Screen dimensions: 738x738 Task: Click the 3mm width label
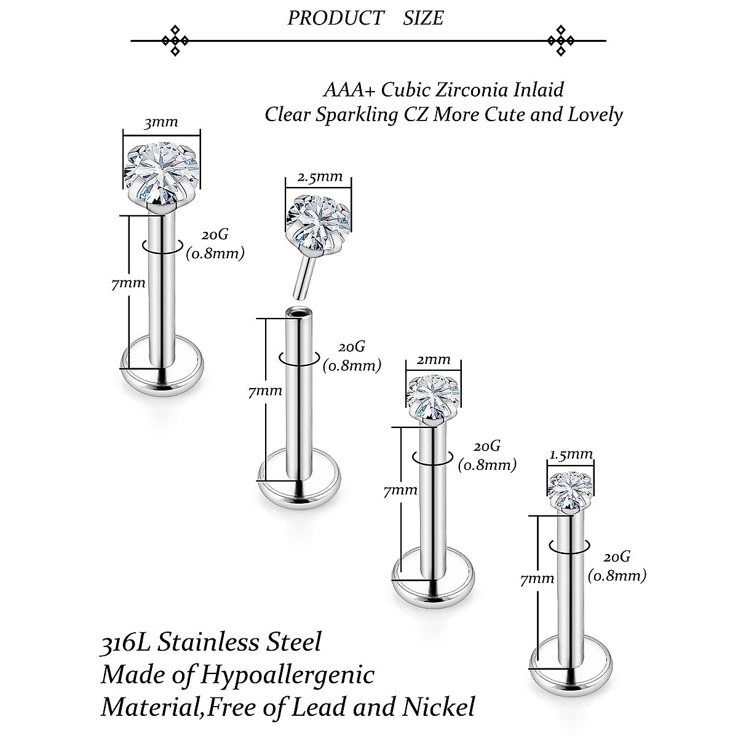pos(161,122)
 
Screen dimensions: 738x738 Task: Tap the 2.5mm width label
pos(320,177)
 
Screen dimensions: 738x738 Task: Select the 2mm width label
pos(434,359)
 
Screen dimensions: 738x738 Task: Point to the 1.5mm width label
pos(571,454)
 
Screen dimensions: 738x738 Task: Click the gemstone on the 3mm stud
pos(162,173)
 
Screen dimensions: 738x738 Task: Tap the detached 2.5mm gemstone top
pos(319,223)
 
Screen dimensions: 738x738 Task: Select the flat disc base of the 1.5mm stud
pos(571,664)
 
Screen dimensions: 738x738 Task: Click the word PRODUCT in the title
pos(336,18)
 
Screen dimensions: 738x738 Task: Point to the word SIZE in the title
pos(423,18)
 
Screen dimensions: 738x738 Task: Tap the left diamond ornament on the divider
pos(175,41)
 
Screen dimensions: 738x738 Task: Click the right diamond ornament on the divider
pos(561,41)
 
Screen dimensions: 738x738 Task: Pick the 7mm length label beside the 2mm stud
pos(400,491)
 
